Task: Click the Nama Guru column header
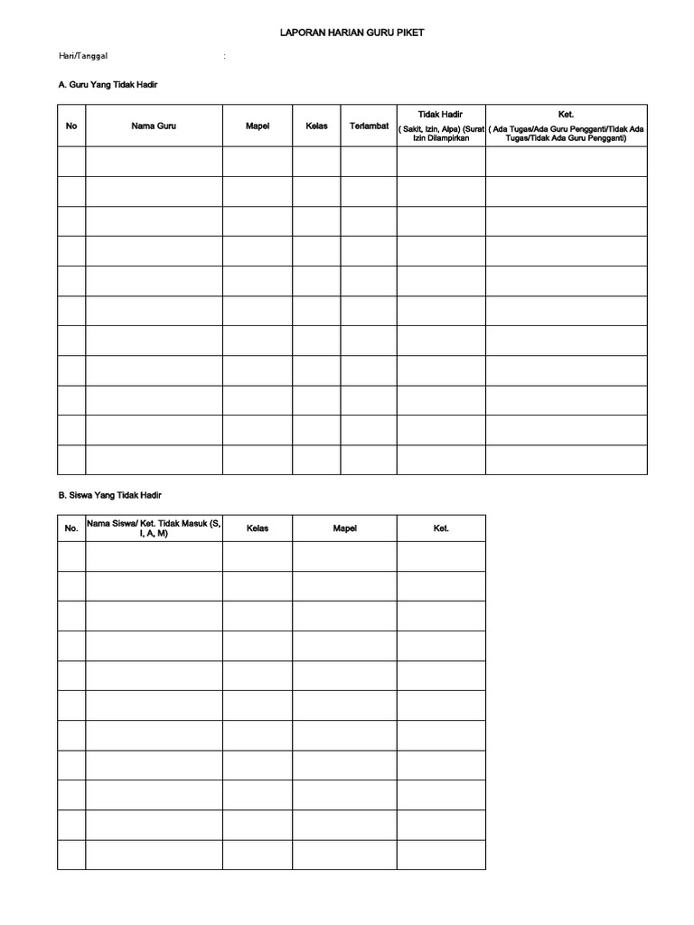pos(154,126)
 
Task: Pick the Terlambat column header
pos(369,126)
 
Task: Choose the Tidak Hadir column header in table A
pos(441,115)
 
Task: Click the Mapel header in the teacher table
pos(258,126)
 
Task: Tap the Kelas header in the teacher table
pos(316,126)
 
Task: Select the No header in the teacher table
pos(71,126)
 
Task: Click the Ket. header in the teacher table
pos(567,115)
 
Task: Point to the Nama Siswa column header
pos(154,528)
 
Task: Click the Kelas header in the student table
pos(258,528)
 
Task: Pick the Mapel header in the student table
pos(344,528)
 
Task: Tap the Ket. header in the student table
pos(441,528)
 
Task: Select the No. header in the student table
pos(71,528)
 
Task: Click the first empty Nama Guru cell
pos(154,162)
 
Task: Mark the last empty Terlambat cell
pos(369,460)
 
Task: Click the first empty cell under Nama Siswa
pos(154,556)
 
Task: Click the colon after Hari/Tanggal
pos(225,56)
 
